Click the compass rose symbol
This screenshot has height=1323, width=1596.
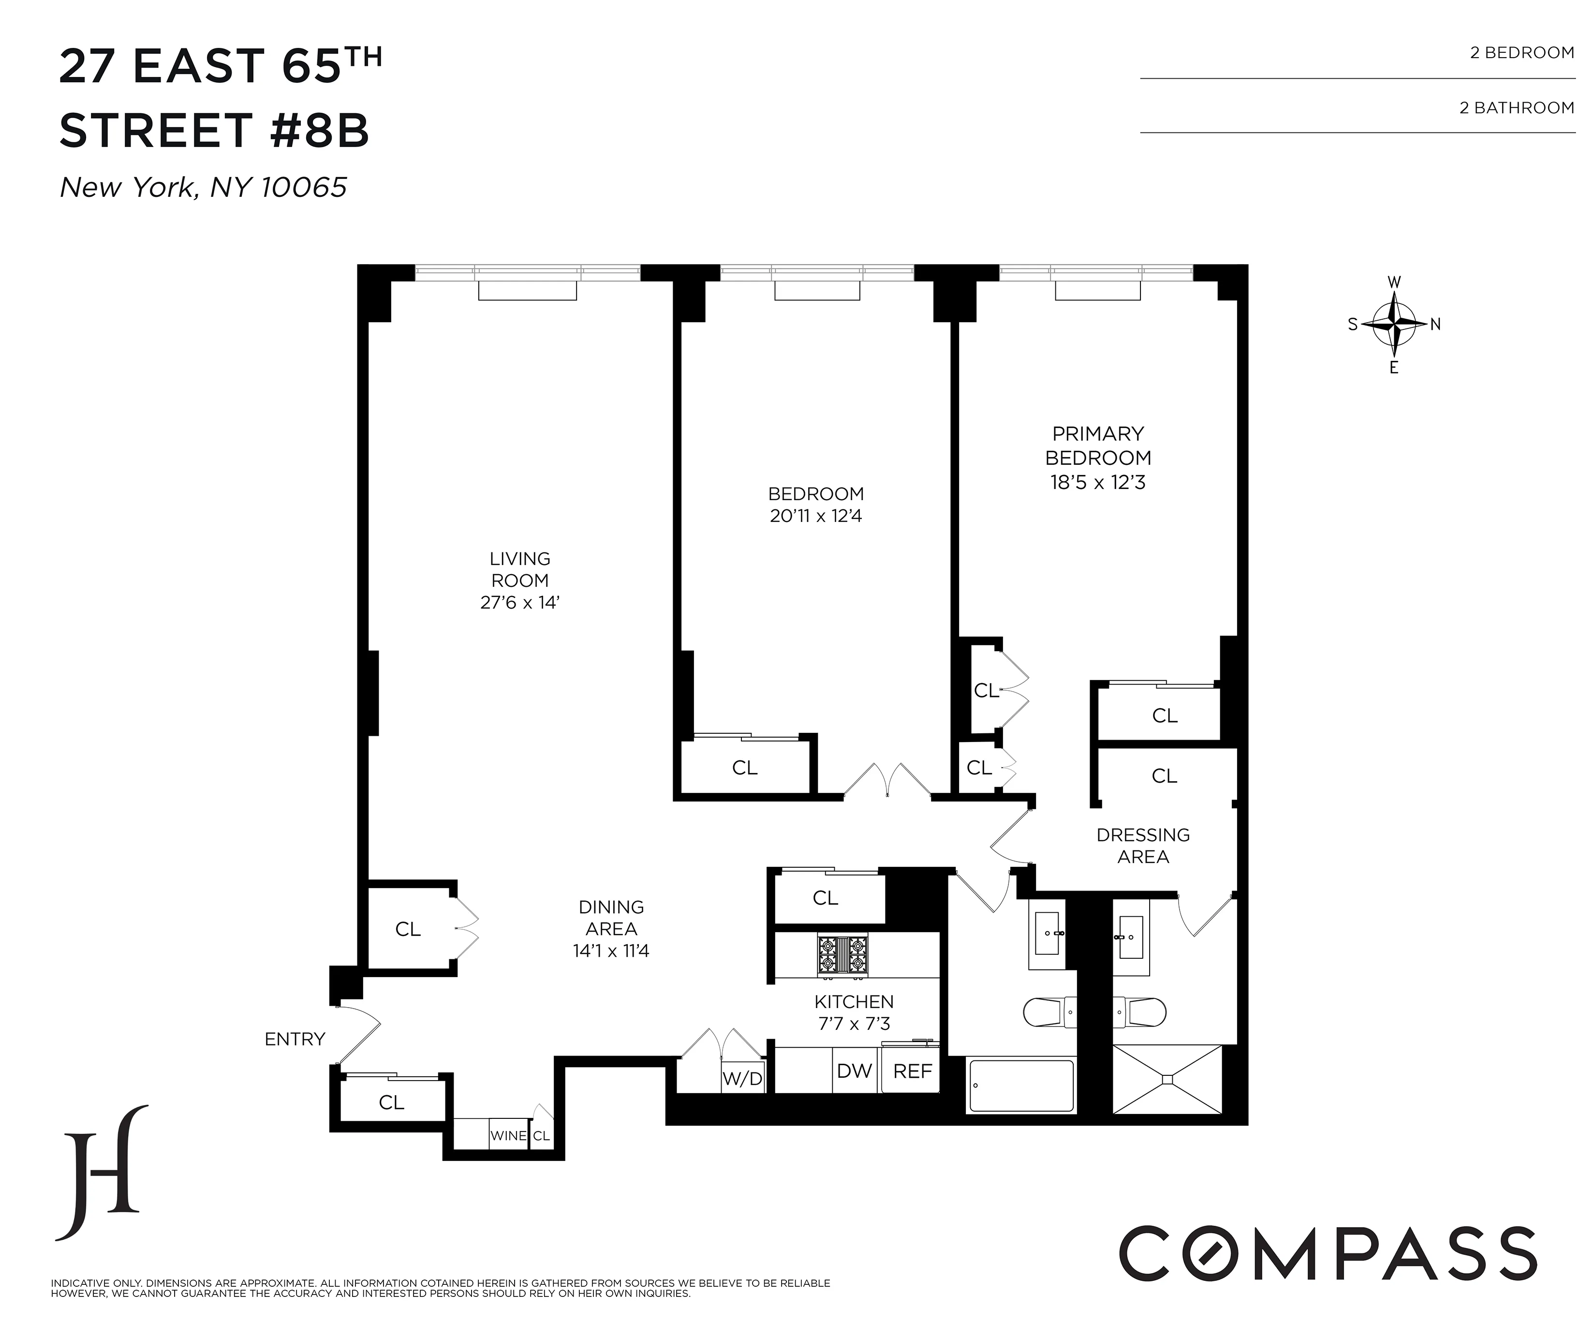[x=1394, y=325]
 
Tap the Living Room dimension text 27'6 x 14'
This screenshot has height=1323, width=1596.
[x=520, y=603]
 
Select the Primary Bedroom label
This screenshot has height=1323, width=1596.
[x=1098, y=446]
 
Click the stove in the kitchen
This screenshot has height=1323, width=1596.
[x=842, y=956]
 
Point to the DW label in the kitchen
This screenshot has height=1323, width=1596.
[x=854, y=1071]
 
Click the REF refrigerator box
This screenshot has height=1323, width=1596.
[x=912, y=1071]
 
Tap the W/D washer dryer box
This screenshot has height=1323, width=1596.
[x=742, y=1078]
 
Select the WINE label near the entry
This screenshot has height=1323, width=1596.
[x=508, y=1136]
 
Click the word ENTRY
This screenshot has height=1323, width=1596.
[x=295, y=1039]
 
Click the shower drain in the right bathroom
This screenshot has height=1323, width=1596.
[x=1167, y=1079]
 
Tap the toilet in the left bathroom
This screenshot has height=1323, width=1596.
[x=1049, y=1012]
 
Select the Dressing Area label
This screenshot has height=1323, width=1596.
[x=1143, y=846]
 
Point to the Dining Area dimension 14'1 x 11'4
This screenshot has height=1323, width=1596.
[x=611, y=951]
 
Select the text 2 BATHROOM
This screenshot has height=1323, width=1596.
[x=1516, y=108]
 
